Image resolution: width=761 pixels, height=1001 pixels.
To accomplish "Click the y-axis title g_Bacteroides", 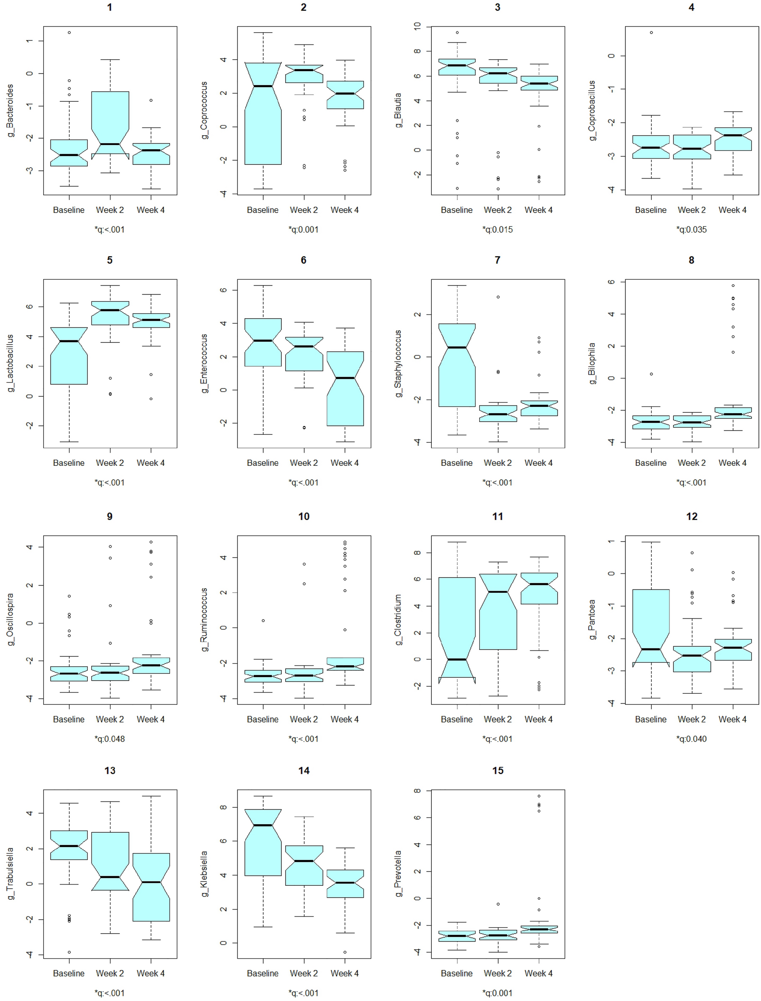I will tap(10, 111).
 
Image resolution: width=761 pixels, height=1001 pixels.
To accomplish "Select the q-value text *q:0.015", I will tap(497, 230).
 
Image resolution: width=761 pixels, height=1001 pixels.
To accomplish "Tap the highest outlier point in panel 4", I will tap(651, 33).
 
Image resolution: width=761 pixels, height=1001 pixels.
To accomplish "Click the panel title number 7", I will tap(497, 260).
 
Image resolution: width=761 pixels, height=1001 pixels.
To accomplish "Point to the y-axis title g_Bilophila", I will tap(592, 364).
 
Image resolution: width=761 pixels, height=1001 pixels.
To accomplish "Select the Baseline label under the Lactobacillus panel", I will tap(69, 463).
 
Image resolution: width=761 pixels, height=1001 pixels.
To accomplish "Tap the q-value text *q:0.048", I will tap(110, 739).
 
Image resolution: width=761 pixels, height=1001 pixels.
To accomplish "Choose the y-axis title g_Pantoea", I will tap(592, 620).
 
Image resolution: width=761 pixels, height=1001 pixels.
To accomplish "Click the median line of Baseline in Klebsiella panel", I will tap(263, 825).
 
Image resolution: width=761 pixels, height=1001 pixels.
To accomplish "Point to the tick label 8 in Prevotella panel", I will tap(417, 791).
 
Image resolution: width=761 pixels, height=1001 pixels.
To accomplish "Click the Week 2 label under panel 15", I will tap(497, 973).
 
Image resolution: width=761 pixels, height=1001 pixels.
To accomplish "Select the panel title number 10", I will tap(303, 517).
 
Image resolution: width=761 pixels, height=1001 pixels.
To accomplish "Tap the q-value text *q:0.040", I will tap(691, 739).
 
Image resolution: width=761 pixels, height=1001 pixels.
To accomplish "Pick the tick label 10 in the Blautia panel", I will tap(417, 26).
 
